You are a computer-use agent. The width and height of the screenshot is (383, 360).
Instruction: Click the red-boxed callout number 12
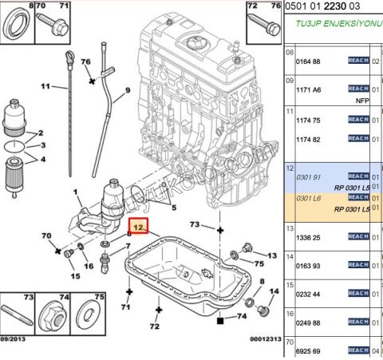pos(140,227)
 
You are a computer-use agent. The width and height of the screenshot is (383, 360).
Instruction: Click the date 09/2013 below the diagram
pos(14,338)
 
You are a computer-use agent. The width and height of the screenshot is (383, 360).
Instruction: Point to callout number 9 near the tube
pos(126,101)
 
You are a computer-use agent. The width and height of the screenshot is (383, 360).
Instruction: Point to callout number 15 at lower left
pos(75,275)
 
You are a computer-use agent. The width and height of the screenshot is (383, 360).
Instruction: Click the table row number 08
pos(290,52)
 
